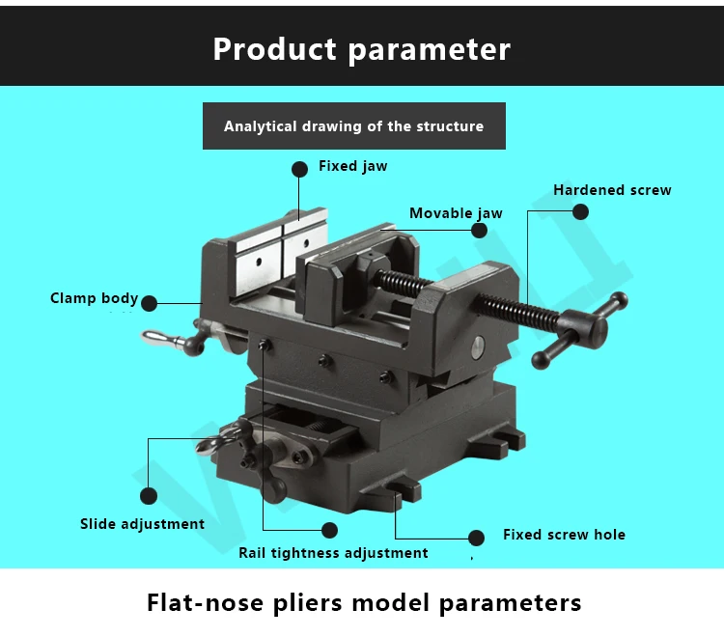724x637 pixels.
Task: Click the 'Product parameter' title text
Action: (x=362, y=49)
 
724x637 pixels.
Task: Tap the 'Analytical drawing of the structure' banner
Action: (x=354, y=126)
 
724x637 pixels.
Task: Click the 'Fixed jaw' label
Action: (x=352, y=166)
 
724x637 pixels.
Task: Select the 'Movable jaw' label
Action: (x=456, y=213)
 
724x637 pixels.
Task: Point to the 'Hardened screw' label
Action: (x=612, y=190)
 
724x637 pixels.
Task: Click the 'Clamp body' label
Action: (x=95, y=298)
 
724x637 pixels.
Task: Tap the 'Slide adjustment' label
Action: (x=142, y=524)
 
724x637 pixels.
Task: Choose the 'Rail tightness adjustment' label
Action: (x=333, y=552)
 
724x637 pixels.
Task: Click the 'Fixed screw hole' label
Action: (x=565, y=535)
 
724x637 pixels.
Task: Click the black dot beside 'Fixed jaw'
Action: (x=299, y=170)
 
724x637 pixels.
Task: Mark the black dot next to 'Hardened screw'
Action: (x=580, y=212)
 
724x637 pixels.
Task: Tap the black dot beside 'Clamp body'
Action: (x=149, y=303)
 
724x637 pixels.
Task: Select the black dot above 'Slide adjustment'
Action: (x=149, y=496)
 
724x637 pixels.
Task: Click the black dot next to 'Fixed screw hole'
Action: (x=476, y=538)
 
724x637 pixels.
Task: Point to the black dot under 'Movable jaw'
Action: (x=479, y=231)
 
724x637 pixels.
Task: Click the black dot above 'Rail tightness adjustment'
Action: (x=329, y=531)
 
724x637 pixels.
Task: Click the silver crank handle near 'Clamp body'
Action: (x=172, y=341)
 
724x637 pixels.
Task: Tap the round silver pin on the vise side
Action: (x=478, y=346)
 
